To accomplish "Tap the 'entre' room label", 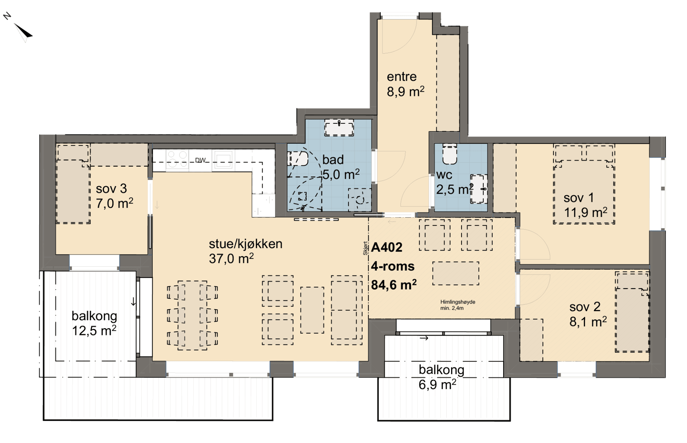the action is pos(402,77).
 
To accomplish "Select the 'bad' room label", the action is pos(333,160).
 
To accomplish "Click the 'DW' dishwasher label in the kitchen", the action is pos(200,160).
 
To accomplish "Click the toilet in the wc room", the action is pos(450,154).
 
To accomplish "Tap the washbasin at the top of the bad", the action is pos(339,127).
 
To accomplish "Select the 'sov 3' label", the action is pos(111,189).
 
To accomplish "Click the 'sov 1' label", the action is pos(579,198).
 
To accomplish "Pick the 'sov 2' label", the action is pos(585,307).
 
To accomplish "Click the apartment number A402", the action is pos(387,247).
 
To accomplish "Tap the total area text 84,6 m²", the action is pos(394,285).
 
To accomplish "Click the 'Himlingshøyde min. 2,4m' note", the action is pos(458,305).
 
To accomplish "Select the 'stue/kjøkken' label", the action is pos(246,244).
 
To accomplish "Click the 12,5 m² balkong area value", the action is pos(94,331).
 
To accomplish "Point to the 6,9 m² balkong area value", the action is pos(437,384).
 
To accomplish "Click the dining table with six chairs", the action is pos(192,315).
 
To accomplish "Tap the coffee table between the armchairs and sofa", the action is pos(312,310).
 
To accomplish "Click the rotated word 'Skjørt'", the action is pos(365,248).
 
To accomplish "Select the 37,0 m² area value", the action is pos(231,259).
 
